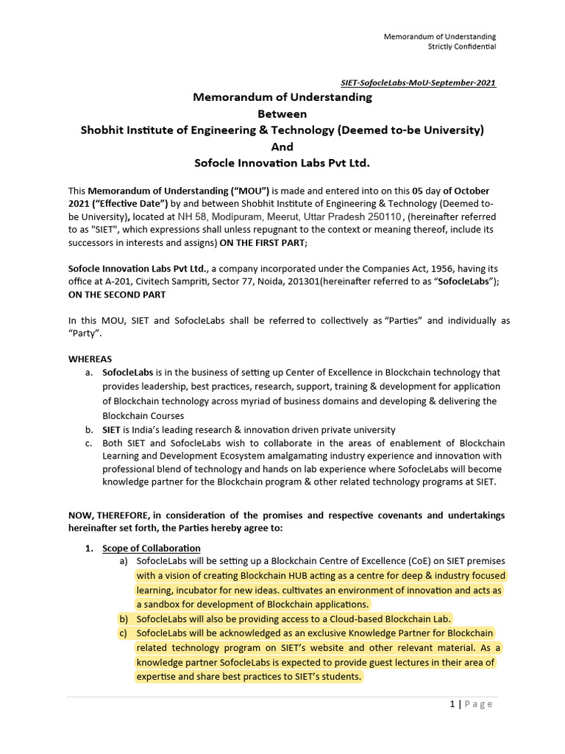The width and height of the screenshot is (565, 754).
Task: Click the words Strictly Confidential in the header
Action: tap(462, 46)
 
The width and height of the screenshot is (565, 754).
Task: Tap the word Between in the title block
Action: tap(282, 113)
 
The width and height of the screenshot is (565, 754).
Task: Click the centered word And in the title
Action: tap(282, 146)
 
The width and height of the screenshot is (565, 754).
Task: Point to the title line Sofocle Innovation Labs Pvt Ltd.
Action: tap(282, 162)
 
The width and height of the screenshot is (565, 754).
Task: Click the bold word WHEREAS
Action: tap(90, 359)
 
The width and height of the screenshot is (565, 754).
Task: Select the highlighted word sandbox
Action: tap(160, 604)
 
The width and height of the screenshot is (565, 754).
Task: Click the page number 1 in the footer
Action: tap(452, 704)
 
